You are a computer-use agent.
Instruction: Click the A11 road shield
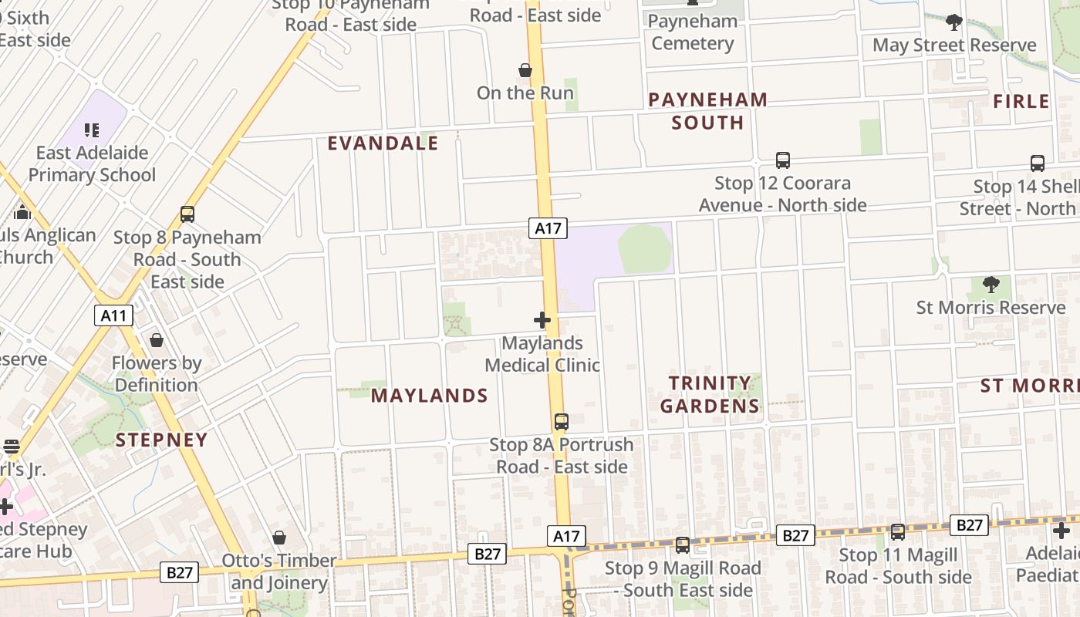(x=114, y=315)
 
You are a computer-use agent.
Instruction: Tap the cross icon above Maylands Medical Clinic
(x=542, y=320)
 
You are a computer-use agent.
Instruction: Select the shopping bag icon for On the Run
(x=525, y=71)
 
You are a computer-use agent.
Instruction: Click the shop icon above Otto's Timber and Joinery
(x=279, y=538)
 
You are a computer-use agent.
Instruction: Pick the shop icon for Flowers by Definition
(x=157, y=340)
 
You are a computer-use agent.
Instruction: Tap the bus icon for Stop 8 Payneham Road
(x=187, y=214)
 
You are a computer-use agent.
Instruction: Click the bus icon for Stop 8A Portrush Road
(x=562, y=422)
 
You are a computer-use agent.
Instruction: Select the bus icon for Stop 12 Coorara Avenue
(x=783, y=160)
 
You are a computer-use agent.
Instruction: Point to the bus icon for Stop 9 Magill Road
(x=683, y=545)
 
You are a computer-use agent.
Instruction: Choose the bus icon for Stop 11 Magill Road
(x=898, y=532)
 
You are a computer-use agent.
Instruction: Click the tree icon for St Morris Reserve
(x=991, y=285)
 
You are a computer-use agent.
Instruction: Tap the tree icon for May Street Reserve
(x=954, y=22)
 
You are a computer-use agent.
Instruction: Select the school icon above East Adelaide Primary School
(x=92, y=130)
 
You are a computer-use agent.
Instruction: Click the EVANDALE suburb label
(x=383, y=143)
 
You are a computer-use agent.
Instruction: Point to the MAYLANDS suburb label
(x=430, y=396)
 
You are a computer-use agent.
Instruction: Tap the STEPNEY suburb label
(x=162, y=440)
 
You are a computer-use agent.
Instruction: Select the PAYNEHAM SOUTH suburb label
(x=707, y=111)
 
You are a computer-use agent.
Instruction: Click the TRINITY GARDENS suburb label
(x=710, y=394)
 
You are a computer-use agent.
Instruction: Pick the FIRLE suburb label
(x=1021, y=102)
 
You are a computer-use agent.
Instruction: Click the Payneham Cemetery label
(x=692, y=32)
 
